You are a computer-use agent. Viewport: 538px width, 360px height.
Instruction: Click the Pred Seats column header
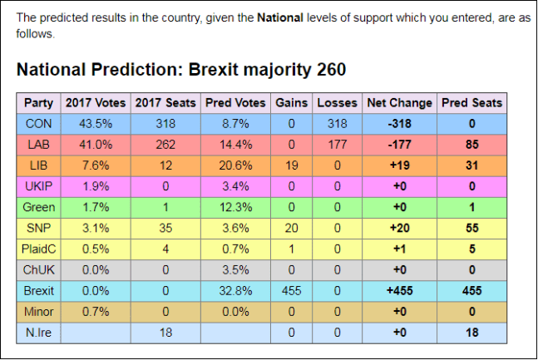pos(471,103)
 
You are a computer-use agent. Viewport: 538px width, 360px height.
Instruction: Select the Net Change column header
pos(399,103)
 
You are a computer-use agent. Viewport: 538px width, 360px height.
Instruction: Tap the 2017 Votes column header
pos(96,103)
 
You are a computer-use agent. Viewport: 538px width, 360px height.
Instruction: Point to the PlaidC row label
pos(38,249)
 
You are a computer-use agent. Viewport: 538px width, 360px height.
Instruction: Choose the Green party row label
pos(38,205)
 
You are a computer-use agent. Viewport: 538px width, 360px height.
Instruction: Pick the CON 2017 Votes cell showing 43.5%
pos(96,125)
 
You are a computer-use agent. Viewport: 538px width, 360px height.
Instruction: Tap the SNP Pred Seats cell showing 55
pos(471,227)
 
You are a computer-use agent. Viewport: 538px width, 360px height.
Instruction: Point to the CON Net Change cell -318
pos(399,125)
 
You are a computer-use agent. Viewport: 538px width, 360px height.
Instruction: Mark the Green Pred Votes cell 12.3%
pos(235,205)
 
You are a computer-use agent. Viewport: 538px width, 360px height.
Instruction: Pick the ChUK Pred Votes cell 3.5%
pos(235,270)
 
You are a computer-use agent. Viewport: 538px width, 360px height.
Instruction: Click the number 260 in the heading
pos(330,69)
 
